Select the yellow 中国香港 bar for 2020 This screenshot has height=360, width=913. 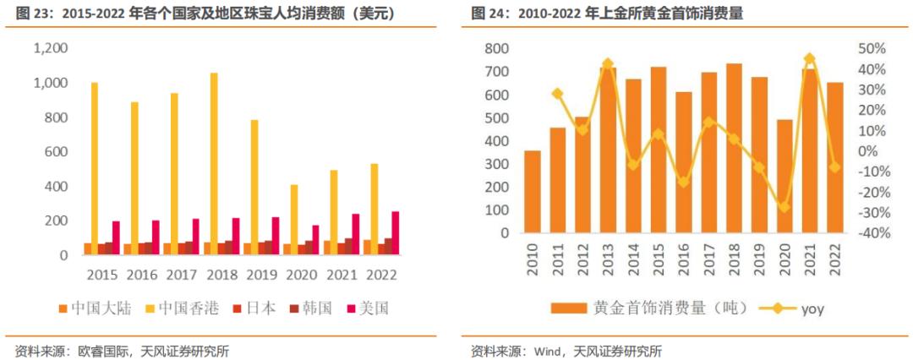(294, 219)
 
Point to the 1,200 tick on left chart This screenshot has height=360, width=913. (50, 49)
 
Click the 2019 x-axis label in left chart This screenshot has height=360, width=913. (264, 275)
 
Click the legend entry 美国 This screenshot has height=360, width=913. (364, 308)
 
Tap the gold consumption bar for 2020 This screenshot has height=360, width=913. (785, 176)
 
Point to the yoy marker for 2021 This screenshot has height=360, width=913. (809, 59)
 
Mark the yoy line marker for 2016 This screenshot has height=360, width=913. (683, 182)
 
